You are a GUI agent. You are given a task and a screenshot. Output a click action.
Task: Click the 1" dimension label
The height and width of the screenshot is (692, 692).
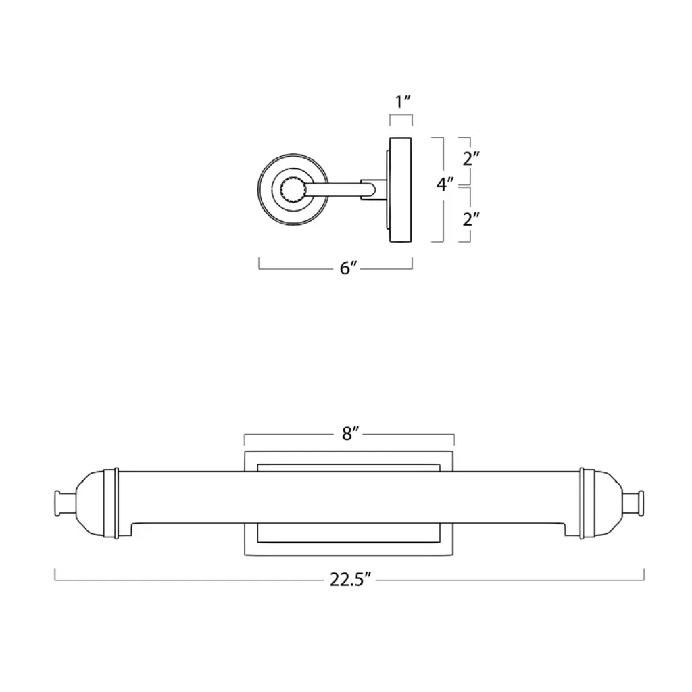click(403, 103)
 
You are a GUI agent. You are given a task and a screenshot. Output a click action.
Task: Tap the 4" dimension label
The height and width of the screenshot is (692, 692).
click(445, 184)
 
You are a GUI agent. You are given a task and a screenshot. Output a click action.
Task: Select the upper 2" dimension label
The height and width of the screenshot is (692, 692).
click(471, 158)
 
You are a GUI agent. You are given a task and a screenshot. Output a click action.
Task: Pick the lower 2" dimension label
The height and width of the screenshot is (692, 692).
click(471, 219)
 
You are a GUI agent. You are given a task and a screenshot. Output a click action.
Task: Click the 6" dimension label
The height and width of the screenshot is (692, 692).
click(348, 268)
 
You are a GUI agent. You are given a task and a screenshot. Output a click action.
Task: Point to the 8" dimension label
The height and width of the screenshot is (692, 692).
click(351, 434)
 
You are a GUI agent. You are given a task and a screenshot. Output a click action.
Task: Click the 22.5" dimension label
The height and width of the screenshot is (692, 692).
click(351, 579)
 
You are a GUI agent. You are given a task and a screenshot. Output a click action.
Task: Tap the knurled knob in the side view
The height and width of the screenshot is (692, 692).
click(293, 190)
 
